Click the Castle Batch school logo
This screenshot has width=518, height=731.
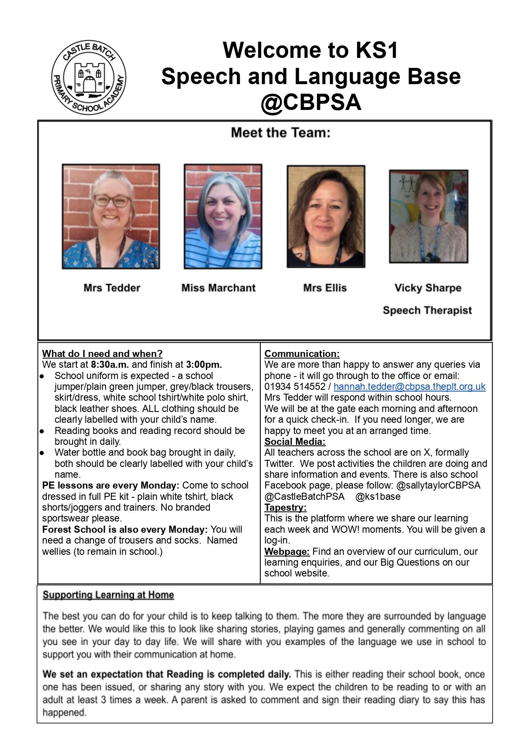click(x=88, y=77)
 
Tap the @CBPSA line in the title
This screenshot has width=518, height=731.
click(x=311, y=102)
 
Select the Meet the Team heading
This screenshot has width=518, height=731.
click(x=280, y=132)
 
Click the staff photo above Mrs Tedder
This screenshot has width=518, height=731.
click(x=111, y=216)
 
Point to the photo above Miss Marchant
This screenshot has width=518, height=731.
click(x=223, y=216)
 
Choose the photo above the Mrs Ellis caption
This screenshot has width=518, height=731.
click(x=326, y=216)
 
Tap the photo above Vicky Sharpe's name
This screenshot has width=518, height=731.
click(x=428, y=216)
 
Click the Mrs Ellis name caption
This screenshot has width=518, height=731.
click(x=325, y=288)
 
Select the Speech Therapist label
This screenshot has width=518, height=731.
click(x=427, y=310)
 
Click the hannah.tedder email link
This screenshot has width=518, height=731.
click(x=410, y=387)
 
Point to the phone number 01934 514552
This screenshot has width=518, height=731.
click(x=295, y=387)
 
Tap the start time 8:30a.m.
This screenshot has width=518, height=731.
click(x=110, y=365)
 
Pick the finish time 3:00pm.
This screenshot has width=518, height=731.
click(x=204, y=365)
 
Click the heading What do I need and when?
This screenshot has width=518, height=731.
click(x=102, y=354)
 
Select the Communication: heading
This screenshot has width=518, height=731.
click(x=302, y=354)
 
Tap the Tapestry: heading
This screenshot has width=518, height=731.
click(x=285, y=507)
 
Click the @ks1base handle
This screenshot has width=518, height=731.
click(x=378, y=496)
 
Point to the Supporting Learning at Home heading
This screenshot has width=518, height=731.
click(x=108, y=595)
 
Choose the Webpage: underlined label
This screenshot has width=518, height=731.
click(x=287, y=551)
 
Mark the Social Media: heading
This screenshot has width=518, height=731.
click(x=295, y=442)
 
